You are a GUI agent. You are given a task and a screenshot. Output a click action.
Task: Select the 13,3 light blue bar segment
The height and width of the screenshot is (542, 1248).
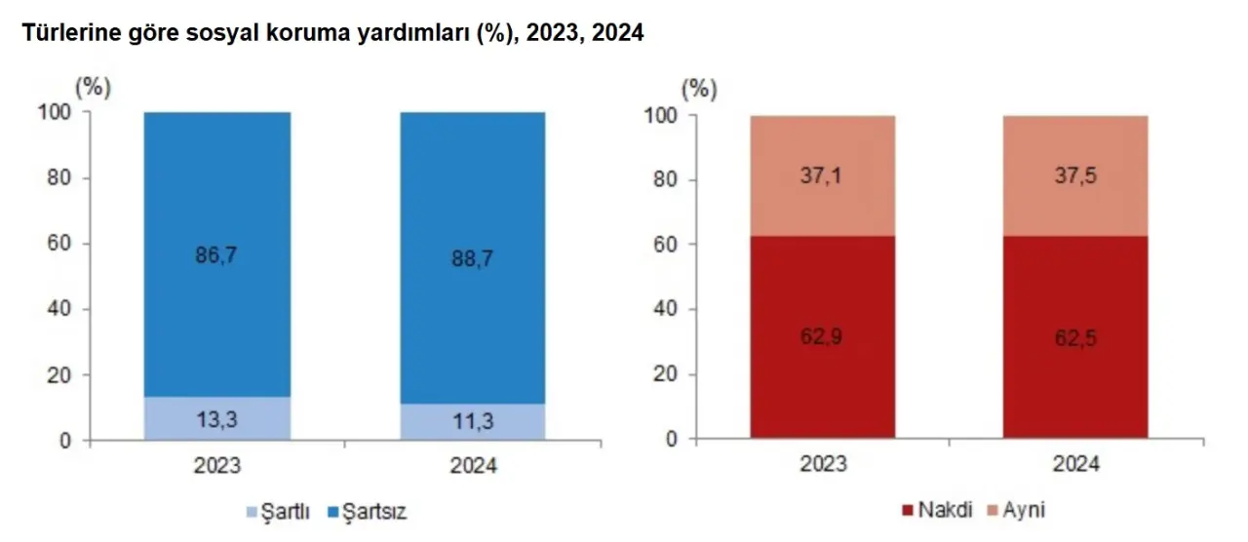pos(216,418)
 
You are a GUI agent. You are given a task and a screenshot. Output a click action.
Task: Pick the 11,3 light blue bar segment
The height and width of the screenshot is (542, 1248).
pos(473,422)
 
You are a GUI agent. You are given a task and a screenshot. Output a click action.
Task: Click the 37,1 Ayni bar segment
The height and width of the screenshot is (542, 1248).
pos(823,175)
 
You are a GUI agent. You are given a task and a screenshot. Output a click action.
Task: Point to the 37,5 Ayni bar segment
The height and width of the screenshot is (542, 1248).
pos(1075,175)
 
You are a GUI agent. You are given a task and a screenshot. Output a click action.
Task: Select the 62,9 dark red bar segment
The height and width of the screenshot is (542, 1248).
pos(823,337)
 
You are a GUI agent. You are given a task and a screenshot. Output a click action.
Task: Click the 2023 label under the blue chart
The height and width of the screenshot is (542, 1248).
pos(216,466)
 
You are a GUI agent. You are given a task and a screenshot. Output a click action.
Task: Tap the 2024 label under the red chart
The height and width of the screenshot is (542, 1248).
pos(1075,464)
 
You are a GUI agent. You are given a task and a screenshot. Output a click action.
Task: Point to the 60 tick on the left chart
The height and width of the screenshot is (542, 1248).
pos(59,244)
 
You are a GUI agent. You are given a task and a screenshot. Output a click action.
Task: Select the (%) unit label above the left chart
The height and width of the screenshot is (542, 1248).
pos(94,86)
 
